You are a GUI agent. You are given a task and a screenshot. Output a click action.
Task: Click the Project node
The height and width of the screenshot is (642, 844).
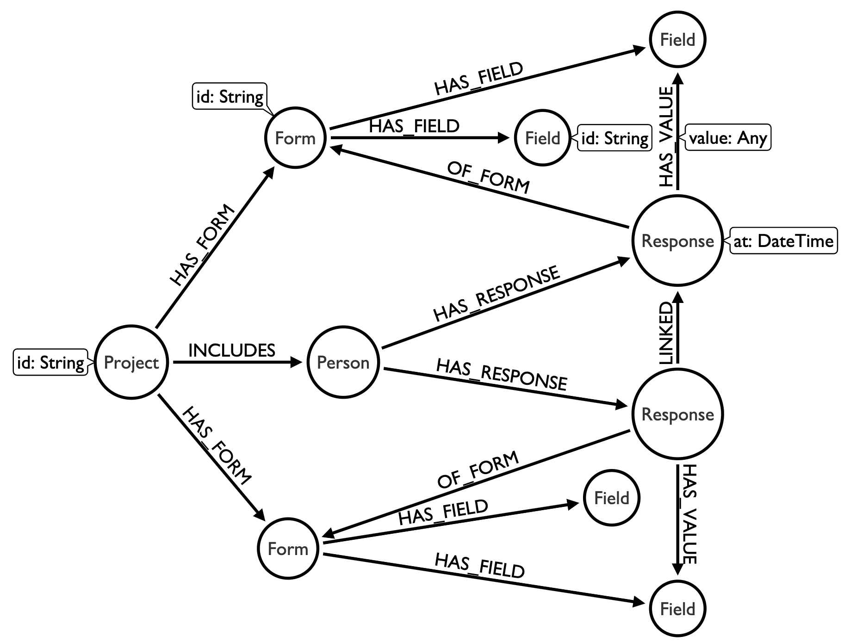tap(131, 362)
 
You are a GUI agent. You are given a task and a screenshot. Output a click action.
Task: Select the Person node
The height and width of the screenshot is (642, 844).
tap(343, 362)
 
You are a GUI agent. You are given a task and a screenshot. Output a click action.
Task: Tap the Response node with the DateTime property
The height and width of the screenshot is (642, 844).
tap(677, 241)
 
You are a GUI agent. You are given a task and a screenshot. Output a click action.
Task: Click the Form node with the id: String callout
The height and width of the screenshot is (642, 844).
tap(295, 138)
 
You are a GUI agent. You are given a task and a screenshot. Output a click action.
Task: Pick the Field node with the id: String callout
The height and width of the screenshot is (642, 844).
tap(542, 138)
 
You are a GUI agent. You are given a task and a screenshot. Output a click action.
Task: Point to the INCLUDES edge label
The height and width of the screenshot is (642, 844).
tap(232, 351)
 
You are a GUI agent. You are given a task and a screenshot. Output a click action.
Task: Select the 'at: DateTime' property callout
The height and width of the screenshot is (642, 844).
tap(783, 241)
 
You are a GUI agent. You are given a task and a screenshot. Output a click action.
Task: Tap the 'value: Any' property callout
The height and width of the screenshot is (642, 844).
tap(728, 137)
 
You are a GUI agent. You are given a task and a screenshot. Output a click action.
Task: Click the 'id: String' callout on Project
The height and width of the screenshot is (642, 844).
tap(50, 363)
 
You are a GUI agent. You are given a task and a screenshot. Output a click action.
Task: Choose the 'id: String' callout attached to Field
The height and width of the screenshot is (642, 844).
tap(614, 138)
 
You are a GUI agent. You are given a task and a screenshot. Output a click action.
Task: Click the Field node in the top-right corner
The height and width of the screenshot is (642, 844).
tap(677, 40)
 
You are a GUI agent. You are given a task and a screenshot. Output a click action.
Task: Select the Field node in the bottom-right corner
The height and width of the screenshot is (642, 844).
tap(677, 609)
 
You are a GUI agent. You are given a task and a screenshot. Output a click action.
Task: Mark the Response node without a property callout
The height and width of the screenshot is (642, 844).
tap(677, 414)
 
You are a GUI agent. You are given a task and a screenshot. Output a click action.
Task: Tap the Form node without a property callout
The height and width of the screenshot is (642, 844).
tap(288, 549)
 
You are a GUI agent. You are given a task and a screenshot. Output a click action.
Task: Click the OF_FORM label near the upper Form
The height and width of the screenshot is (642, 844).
tap(488, 177)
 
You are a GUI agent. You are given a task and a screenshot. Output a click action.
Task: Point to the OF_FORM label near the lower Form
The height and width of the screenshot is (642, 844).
tap(478, 469)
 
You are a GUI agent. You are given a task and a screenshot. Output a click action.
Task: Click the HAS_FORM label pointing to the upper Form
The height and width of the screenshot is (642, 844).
tap(202, 246)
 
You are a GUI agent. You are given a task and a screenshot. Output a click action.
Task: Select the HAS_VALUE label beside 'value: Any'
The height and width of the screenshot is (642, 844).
tap(666, 137)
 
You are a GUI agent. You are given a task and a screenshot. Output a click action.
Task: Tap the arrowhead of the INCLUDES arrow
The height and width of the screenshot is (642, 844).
tap(296, 362)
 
